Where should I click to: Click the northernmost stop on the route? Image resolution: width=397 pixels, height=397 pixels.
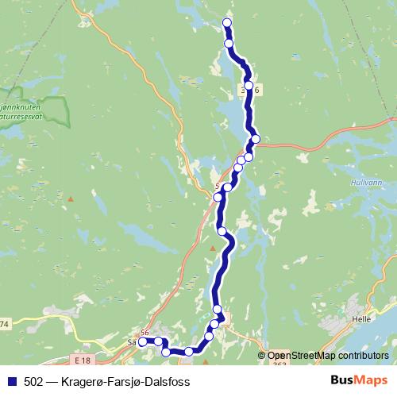[x=227, y=22]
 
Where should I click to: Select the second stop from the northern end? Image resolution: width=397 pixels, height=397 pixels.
[x=229, y=44]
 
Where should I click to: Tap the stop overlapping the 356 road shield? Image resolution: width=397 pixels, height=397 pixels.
[x=249, y=85]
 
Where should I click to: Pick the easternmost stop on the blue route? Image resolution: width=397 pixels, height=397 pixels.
[x=256, y=139]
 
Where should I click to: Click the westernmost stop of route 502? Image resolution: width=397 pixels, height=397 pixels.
[x=143, y=342]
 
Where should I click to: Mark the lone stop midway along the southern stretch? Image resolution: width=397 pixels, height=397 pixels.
[x=222, y=231]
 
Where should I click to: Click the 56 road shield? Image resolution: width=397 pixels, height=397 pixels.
[x=145, y=332]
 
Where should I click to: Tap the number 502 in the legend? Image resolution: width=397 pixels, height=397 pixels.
[x=35, y=381]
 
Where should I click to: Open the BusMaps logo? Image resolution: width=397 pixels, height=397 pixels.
[x=359, y=380]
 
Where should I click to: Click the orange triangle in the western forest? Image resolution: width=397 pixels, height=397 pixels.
[x=71, y=198]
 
